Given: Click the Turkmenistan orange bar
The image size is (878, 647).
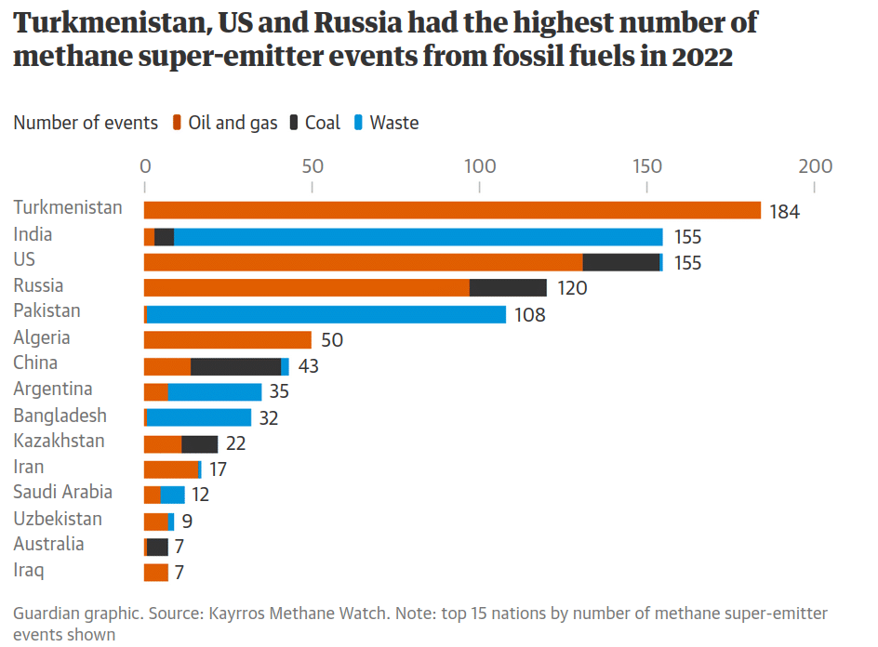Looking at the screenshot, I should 452,211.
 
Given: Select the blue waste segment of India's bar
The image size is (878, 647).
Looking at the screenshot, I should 419,237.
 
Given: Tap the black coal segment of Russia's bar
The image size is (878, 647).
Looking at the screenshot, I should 508,288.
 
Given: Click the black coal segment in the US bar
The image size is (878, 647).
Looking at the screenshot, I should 620,262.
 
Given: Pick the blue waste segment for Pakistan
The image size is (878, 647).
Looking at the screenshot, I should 326,314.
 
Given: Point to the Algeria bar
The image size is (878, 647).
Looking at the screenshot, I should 228,340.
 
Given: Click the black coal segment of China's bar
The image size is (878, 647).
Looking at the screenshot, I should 235,366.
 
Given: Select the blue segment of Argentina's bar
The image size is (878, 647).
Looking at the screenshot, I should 215,392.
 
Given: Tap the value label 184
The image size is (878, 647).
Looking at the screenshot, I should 785,212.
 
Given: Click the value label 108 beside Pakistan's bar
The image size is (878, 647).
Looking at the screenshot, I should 530,315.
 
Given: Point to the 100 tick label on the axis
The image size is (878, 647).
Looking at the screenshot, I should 479,167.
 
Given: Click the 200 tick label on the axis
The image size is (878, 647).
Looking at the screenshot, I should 815,167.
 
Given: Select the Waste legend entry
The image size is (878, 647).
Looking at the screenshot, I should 394,123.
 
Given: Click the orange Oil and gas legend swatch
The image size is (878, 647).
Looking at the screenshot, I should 177,124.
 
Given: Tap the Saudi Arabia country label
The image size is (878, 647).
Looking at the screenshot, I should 62,493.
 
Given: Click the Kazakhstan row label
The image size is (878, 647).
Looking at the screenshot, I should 59,441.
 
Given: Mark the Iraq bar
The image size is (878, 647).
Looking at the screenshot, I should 156,573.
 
